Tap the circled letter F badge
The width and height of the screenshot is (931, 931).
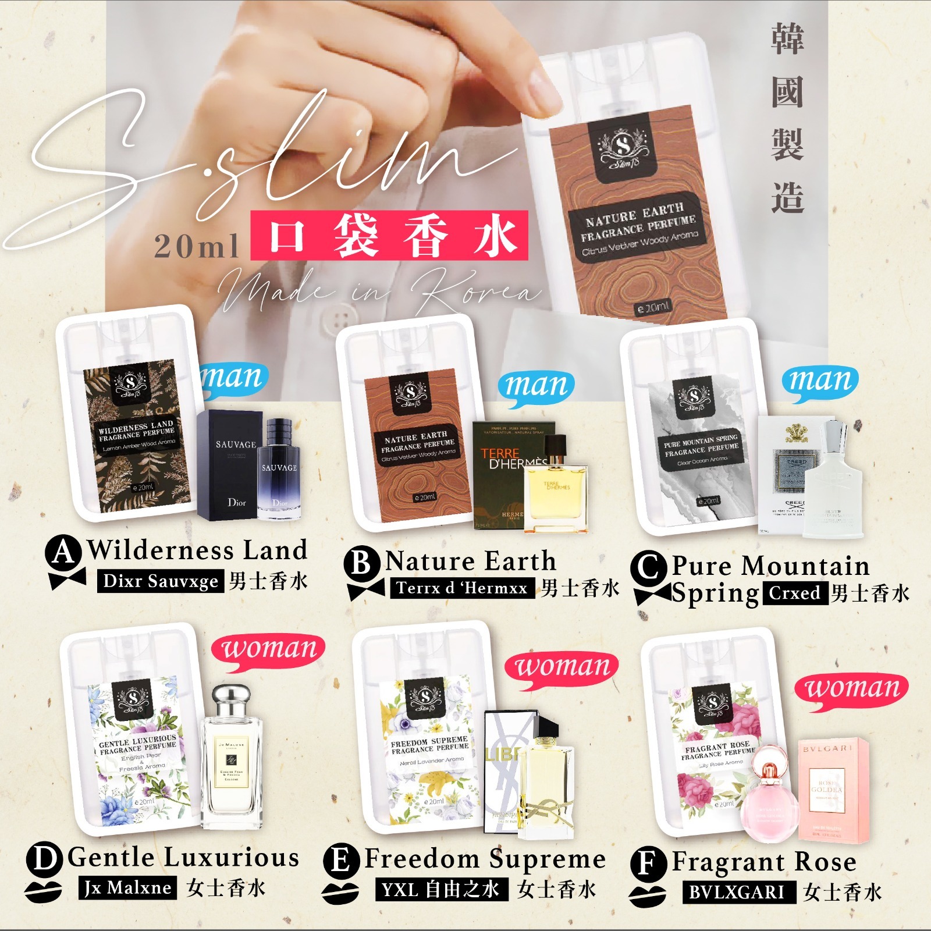pos(647,864)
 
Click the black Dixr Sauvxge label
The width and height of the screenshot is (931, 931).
pos(160,581)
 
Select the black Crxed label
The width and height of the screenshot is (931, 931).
pos(795,593)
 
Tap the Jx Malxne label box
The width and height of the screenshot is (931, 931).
pos(127,888)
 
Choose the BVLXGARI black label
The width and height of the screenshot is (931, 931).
pos(738,892)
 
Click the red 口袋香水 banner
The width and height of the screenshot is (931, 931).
pos(389,236)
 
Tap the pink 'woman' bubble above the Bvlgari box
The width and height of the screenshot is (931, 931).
pos(851,690)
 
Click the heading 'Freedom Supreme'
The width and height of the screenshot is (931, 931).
pos(485,859)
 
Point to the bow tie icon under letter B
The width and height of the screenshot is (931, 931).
pos(365,589)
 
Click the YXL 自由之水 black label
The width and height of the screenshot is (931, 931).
pos(441,889)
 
